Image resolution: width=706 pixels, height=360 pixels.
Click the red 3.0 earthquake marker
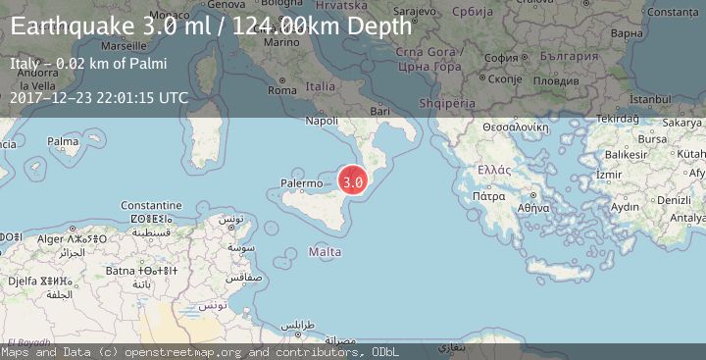[353, 180]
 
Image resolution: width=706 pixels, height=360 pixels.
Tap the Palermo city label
[301, 183]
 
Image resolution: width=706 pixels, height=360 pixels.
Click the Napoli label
[322, 121]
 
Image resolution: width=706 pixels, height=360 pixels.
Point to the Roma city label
[281, 90]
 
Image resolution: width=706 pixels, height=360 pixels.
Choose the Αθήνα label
[534, 207]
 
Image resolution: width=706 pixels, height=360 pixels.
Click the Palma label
[63, 141]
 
